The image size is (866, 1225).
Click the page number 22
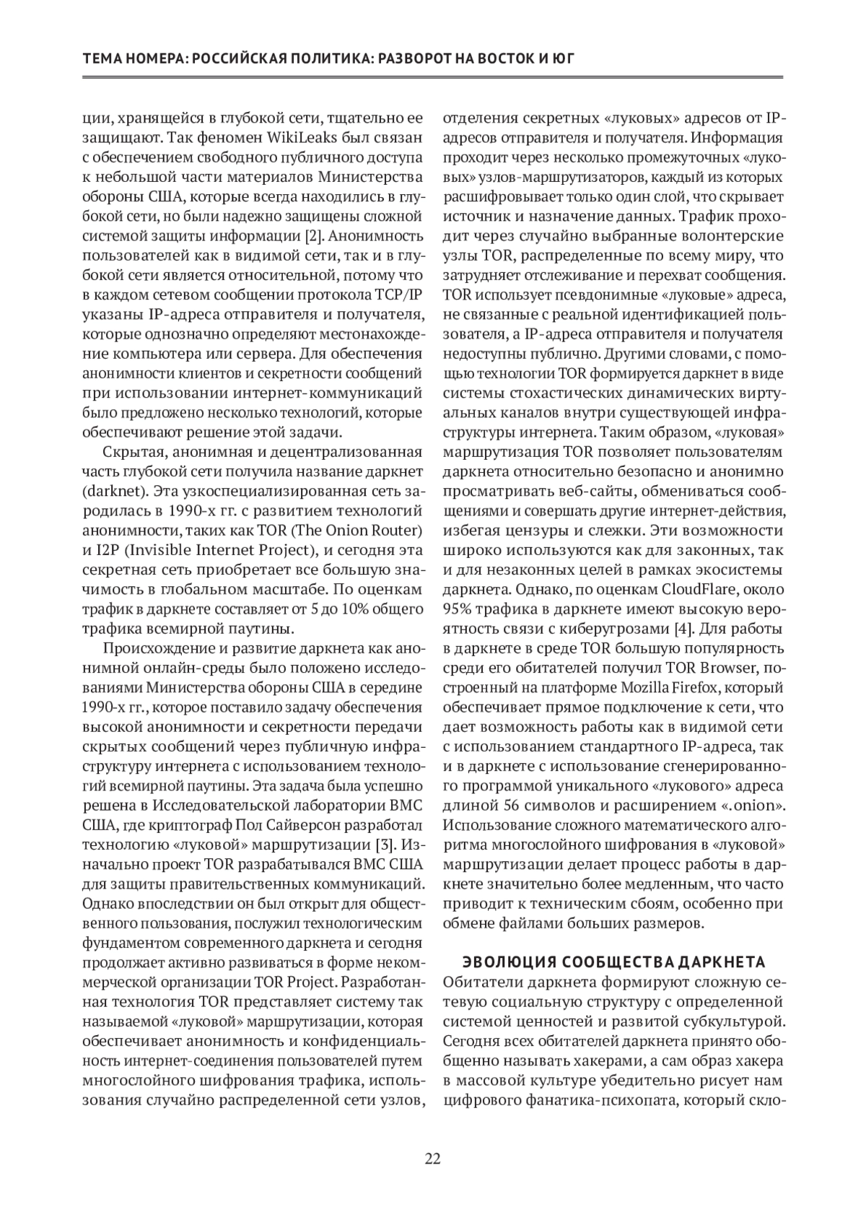(433, 1159)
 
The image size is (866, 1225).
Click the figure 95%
(458, 609)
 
